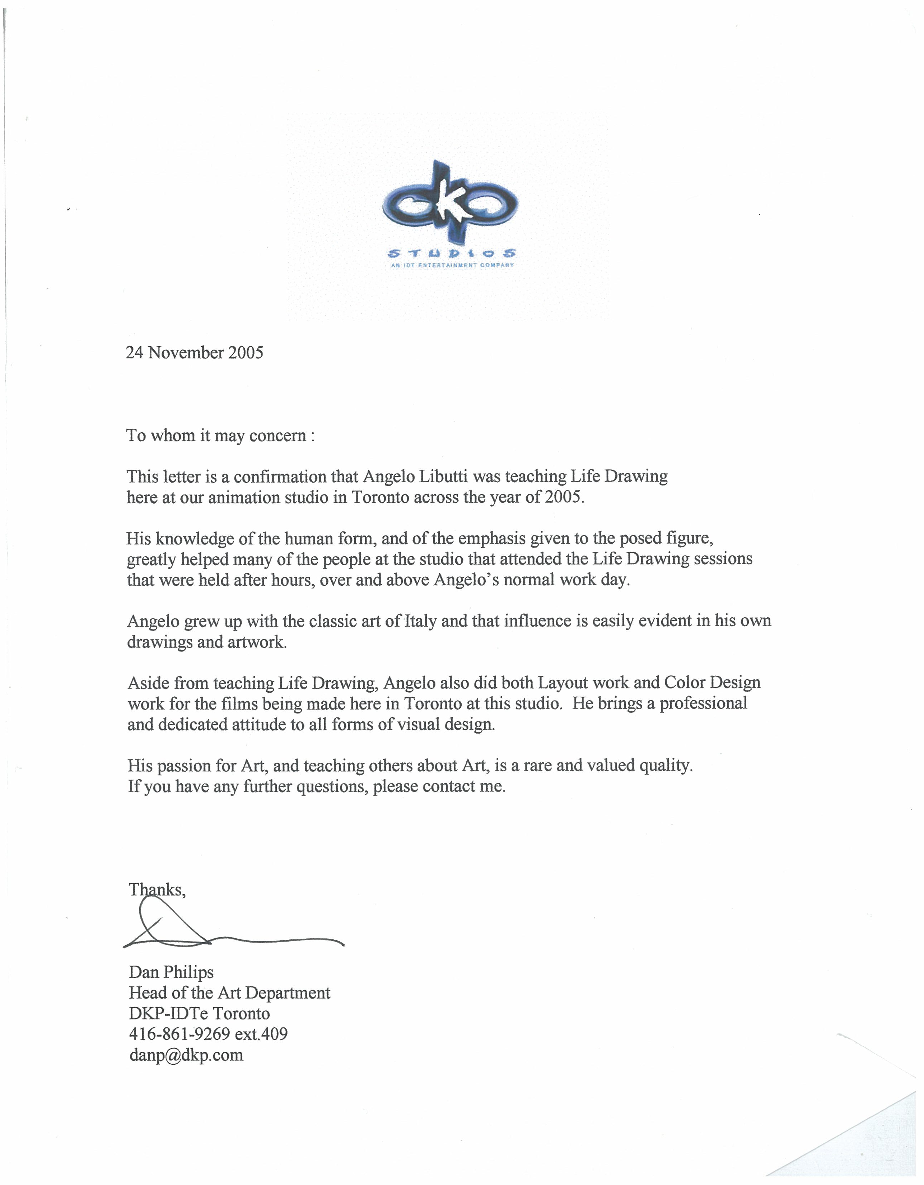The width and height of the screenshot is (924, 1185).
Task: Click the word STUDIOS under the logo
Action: click(451, 254)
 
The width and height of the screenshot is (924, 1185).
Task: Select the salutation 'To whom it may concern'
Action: click(220, 436)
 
